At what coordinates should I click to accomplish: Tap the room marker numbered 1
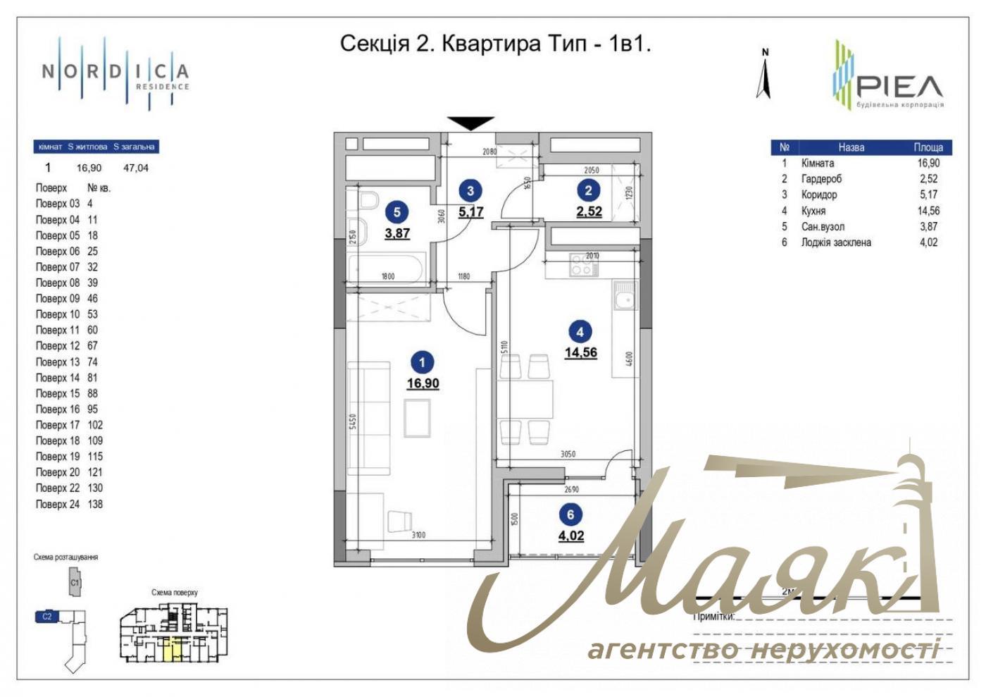(x=422, y=363)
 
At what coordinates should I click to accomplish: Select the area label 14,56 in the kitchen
(x=580, y=352)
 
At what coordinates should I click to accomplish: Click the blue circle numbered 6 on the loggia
(x=570, y=514)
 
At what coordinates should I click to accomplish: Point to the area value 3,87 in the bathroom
(x=397, y=233)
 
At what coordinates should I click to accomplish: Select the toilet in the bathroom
(x=366, y=202)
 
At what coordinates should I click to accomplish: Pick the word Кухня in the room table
(x=813, y=211)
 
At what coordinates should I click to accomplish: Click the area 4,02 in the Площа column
(x=928, y=242)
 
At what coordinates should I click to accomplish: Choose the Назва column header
(x=851, y=147)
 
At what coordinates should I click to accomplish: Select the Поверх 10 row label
(x=58, y=314)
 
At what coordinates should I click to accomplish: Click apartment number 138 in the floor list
(x=95, y=505)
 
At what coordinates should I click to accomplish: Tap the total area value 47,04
(x=136, y=168)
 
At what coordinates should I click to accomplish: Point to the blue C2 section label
(x=46, y=617)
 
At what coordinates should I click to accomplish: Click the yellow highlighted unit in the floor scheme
(x=172, y=649)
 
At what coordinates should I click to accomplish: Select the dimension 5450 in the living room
(x=354, y=421)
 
